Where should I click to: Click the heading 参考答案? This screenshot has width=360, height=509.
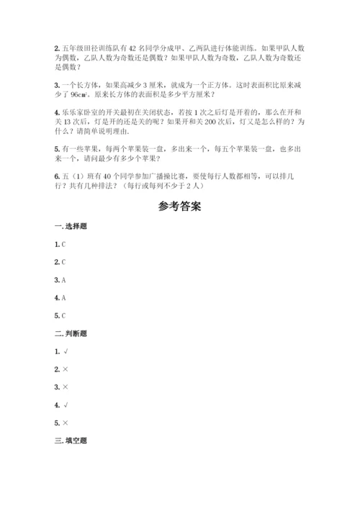coord(179,205)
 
